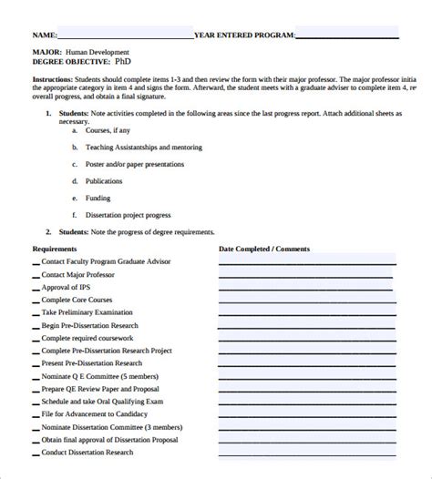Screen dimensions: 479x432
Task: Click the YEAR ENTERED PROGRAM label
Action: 244,35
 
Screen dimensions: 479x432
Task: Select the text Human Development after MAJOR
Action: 99,53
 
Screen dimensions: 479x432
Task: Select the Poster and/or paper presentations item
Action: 135,165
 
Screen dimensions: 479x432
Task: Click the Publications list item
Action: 104,181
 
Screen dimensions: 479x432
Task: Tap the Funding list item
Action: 98,198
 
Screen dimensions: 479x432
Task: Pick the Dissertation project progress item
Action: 128,215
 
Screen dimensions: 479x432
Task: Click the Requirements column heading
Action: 55,249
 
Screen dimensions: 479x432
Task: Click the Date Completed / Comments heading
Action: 264,249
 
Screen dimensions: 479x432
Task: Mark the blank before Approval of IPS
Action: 36,288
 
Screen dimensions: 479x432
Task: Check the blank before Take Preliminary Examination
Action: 36,313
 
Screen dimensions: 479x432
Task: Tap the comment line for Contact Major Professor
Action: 307,276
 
